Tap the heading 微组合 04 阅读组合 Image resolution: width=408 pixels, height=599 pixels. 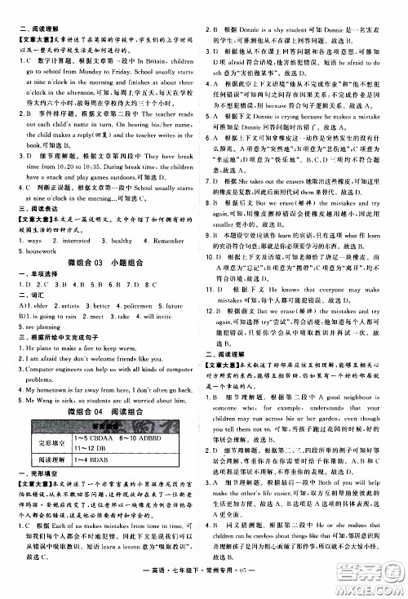(x=104, y=411)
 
